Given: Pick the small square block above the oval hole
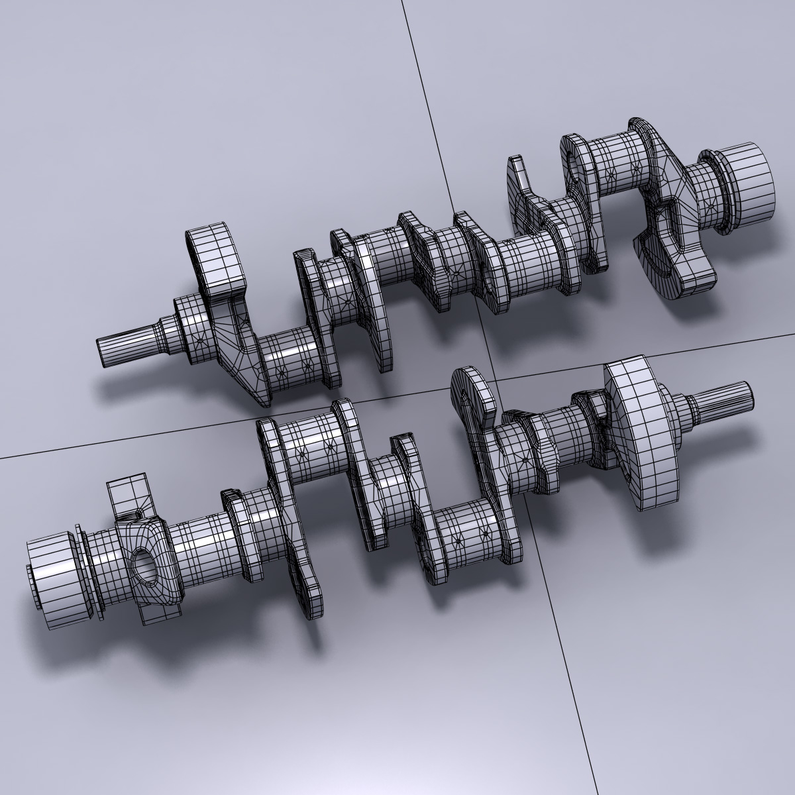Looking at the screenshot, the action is tap(127, 494).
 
